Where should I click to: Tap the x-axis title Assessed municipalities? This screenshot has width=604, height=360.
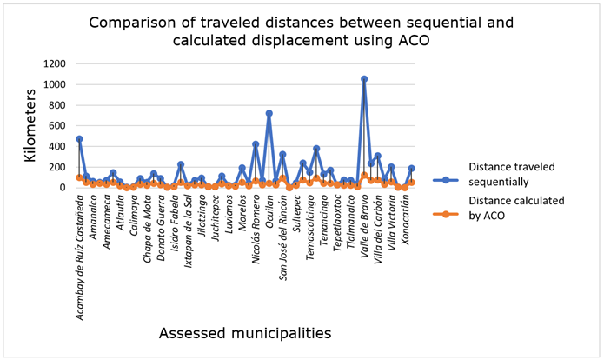244,331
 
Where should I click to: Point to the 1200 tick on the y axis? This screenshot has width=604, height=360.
56,63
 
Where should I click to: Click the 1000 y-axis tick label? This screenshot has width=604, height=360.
56,84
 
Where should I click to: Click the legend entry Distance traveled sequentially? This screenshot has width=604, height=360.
512,173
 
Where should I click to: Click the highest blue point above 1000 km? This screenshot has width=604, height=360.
364,79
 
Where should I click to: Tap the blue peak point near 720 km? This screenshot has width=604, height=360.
269,113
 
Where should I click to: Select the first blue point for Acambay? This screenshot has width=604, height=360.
79,139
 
